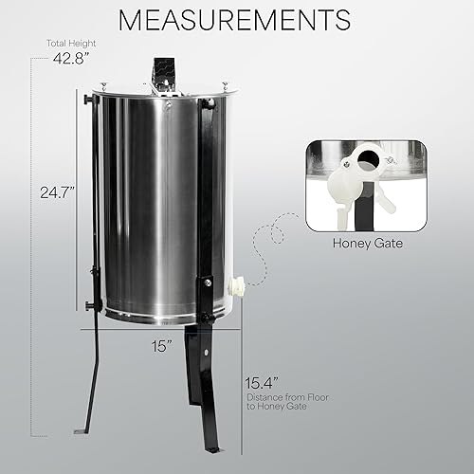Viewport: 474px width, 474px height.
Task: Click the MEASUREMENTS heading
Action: pyautogui.click(x=236, y=20)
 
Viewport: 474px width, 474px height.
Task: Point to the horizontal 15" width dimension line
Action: pyautogui.click(x=161, y=330)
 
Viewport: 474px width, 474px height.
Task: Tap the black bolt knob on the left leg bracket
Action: pyautogui.click(x=88, y=304)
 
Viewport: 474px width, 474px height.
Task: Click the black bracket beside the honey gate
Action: pyautogui.click(x=204, y=294)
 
